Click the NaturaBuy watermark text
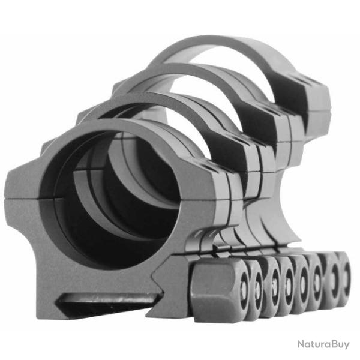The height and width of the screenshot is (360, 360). [x=323, y=344]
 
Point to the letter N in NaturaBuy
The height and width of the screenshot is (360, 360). [x=301, y=344]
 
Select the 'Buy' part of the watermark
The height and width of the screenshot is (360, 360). [x=339, y=344]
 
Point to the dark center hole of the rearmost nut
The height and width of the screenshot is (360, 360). [x=345, y=277]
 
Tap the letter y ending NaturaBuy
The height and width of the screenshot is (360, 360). [x=347, y=346]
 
